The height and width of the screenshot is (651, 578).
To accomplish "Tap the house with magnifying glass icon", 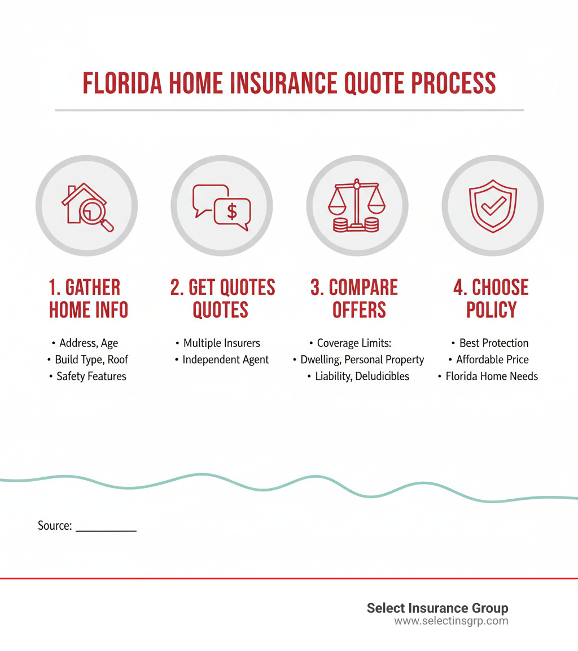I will pyautogui.click(x=86, y=206).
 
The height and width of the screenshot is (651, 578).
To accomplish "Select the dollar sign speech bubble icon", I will pyautogui.click(x=221, y=206).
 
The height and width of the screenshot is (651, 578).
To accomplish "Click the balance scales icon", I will pyautogui.click(x=356, y=206).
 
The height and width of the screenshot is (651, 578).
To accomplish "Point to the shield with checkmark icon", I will pyautogui.click(x=492, y=206).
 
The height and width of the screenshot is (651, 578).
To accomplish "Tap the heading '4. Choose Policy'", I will pyautogui.click(x=492, y=298).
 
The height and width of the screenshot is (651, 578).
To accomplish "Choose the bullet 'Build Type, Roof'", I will pyautogui.click(x=91, y=359).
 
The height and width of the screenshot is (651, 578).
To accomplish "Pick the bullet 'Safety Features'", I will pyautogui.click(x=91, y=376).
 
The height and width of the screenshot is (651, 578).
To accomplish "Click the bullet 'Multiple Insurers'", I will pyautogui.click(x=221, y=343).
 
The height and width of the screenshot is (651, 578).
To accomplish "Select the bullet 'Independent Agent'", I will pyautogui.click(x=225, y=359).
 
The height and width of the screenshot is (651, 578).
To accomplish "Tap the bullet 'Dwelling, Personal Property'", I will pyautogui.click(x=362, y=359).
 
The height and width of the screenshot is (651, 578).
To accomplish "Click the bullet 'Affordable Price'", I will pyautogui.click(x=492, y=359).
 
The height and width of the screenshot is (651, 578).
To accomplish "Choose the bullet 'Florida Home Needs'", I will pyautogui.click(x=492, y=376).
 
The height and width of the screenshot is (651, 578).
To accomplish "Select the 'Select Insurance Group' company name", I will pyautogui.click(x=437, y=608).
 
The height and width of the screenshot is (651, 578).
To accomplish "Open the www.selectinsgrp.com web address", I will pyautogui.click(x=451, y=621).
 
